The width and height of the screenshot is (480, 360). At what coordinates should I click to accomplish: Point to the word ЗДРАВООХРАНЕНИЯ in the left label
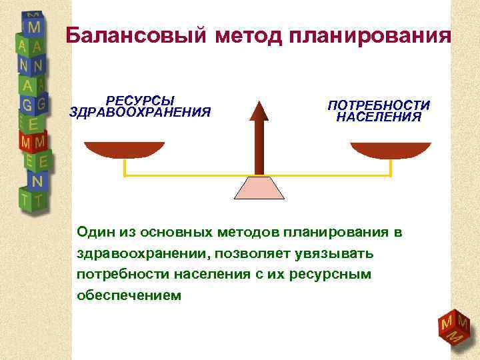(140, 112)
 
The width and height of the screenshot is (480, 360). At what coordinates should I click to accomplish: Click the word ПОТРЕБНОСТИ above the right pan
(379, 105)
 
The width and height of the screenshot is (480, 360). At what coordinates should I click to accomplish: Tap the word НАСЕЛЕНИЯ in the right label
(379, 117)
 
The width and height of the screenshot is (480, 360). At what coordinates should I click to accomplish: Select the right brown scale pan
(391, 151)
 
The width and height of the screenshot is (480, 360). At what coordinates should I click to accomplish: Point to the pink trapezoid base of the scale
(259, 188)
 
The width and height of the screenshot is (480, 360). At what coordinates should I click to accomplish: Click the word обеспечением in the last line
(129, 295)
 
